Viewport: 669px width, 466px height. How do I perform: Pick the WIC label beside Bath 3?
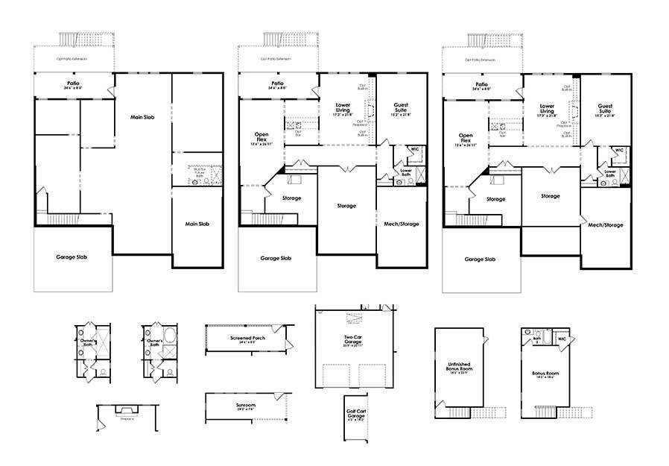(x=562, y=339)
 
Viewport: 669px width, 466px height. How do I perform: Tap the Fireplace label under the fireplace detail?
(x=127, y=418)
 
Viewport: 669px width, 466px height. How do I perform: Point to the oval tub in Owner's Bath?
(x=169, y=333)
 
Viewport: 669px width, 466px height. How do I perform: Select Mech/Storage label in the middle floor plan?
(x=401, y=223)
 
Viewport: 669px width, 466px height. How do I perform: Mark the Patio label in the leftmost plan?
(x=72, y=84)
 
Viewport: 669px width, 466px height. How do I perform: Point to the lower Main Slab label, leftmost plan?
(x=197, y=224)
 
